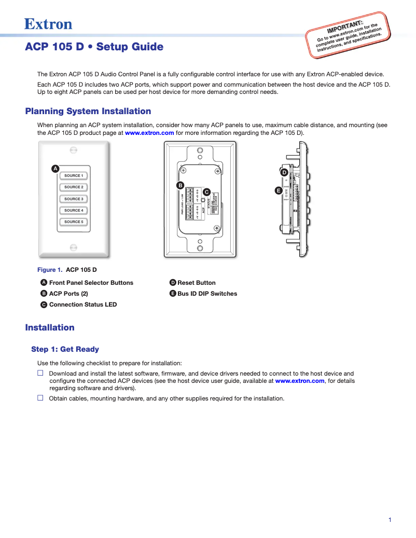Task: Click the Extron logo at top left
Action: (48, 24)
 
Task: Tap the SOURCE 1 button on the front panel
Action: (73, 175)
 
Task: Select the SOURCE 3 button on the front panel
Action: (73, 199)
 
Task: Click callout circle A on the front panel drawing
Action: (55, 169)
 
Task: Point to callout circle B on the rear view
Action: (180, 185)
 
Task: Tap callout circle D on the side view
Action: (284, 172)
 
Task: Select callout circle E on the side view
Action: (279, 191)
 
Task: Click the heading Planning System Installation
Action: (88, 111)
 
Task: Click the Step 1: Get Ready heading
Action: (65, 349)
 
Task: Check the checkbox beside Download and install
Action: (40, 373)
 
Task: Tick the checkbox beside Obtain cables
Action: (40, 398)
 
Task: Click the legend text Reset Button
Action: (196, 283)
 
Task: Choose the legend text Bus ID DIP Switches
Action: (207, 294)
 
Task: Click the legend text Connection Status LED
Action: (82, 305)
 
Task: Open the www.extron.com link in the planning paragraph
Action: (149, 133)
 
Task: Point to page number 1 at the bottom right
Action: (390, 520)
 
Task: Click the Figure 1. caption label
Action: (50, 270)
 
